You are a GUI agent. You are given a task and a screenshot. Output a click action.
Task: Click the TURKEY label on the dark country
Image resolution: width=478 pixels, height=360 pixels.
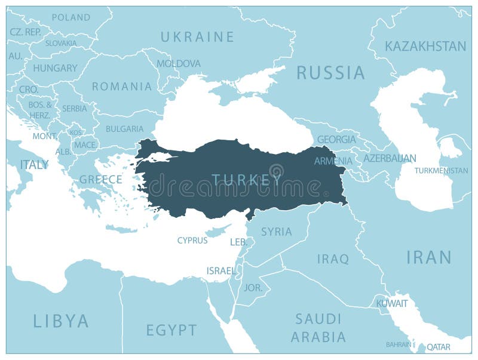click(247, 179)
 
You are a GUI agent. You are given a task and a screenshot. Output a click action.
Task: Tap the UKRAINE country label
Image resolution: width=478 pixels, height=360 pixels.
click(197, 37)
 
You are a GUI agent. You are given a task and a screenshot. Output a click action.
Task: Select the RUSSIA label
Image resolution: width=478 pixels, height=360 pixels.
click(330, 73)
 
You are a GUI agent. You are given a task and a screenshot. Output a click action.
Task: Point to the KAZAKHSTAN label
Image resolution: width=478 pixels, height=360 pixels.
click(425, 46)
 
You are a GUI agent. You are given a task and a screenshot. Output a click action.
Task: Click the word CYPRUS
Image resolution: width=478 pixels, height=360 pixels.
click(192, 241)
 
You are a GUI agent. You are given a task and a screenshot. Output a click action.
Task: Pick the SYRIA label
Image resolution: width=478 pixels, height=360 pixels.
click(277, 232)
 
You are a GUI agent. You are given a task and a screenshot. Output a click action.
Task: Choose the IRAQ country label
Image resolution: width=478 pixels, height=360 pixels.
click(333, 259)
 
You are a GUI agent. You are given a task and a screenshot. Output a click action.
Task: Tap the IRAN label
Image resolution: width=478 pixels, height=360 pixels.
click(428, 257)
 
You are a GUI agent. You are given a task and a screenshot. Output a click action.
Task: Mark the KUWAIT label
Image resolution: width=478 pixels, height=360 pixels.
click(392, 304)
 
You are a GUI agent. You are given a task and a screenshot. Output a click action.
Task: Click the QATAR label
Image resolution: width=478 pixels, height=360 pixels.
click(439, 346)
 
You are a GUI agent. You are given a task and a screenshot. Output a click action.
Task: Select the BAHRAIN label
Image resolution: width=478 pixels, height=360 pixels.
click(399, 344)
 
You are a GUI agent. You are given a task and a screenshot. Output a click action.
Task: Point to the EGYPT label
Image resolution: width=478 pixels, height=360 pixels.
click(171, 330)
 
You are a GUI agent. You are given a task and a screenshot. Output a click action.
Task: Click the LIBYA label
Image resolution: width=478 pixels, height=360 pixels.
click(61, 321)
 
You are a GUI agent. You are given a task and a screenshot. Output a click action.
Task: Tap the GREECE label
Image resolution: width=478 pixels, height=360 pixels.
click(101, 179)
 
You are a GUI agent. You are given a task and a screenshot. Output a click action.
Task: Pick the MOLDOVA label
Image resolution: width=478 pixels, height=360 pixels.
click(179, 63)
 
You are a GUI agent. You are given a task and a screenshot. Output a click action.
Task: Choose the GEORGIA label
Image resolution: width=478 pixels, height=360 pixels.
click(336, 139)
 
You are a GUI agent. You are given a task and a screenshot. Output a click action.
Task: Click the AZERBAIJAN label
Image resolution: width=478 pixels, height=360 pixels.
click(390, 158)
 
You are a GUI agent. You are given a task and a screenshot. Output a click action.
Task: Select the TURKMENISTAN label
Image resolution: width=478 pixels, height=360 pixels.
click(442, 171)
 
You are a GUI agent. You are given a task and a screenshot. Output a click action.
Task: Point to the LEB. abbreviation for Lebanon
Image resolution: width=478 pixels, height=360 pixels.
click(238, 242)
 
